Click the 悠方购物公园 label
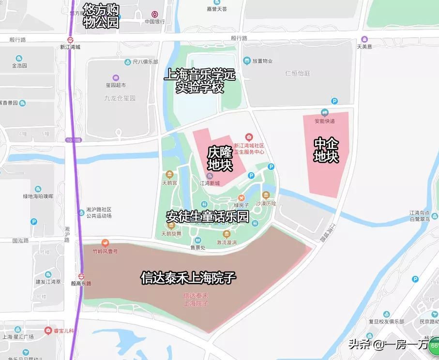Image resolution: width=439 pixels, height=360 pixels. tap(101, 16)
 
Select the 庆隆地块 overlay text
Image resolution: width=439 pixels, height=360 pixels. tap(220, 159)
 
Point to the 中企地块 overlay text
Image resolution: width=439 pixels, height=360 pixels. tap(326, 150)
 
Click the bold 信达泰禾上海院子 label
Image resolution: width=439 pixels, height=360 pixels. tap(188, 278)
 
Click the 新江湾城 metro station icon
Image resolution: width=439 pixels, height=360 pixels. tap(71, 40)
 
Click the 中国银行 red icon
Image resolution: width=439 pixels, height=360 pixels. tap(155, 14)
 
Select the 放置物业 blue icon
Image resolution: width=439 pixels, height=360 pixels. tap(247, 61)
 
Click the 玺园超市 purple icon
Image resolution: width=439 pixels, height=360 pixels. tap(116, 77)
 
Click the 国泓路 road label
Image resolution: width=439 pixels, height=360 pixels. tap(20, 240)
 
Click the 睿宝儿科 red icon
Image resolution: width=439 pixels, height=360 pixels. tap(48, 330)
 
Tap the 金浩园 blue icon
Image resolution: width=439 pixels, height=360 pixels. tap(19, 58)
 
